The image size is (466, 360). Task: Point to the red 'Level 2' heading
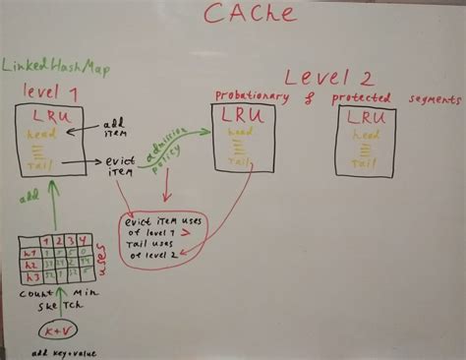point(320,78)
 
